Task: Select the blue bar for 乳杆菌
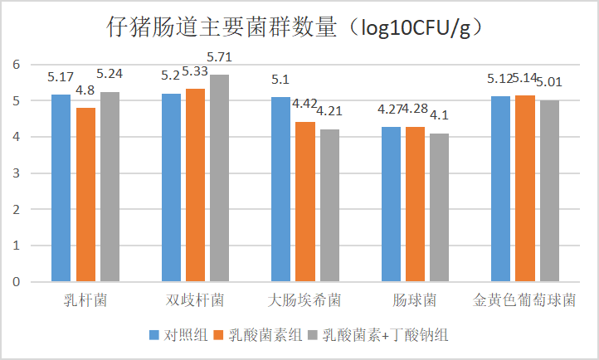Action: [61, 188]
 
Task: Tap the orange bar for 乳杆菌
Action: [85, 195]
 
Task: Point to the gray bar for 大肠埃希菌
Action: [329, 206]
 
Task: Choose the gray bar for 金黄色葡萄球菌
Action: [549, 191]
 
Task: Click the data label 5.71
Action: [220, 57]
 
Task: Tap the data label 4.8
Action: [85, 91]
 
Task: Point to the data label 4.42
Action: [305, 105]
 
